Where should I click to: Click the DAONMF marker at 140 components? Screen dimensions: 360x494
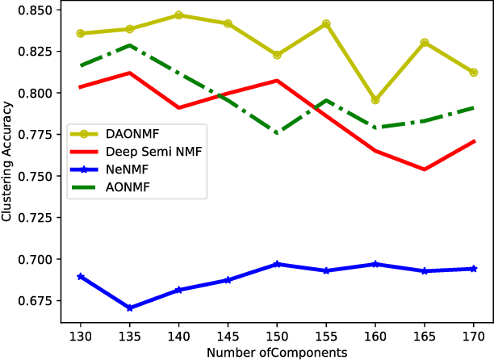click(179, 15)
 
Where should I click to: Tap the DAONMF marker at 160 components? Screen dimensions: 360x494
click(375, 100)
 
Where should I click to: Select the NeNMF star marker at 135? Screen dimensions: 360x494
click(130, 308)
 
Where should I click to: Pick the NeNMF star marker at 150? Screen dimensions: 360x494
click(277, 264)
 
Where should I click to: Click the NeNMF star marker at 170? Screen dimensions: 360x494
click(473, 269)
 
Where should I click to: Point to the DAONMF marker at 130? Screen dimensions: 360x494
click(81, 33)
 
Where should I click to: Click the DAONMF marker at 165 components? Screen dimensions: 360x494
click(424, 42)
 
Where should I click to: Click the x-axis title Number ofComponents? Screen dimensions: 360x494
click(277, 353)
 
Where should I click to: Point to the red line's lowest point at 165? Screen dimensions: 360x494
click(424, 170)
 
